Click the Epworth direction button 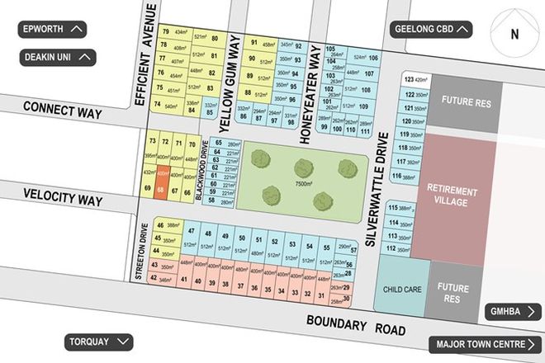click(54, 30)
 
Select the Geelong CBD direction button click(433, 30)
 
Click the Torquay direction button click(98, 342)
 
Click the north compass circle click(514, 35)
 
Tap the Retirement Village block click(453, 196)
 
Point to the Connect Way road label click(62, 107)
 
